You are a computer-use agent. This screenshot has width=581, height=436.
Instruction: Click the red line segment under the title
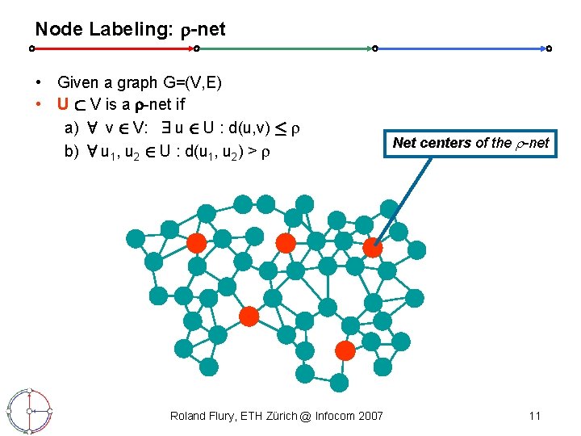(x=113, y=48)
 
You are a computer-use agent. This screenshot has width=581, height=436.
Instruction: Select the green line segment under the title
(x=286, y=48)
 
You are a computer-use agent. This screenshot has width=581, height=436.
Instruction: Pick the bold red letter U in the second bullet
(x=62, y=103)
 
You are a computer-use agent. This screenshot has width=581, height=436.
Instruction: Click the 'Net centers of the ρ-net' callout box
(x=470, y=143)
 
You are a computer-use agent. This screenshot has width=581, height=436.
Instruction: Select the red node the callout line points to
(x=373, y=248)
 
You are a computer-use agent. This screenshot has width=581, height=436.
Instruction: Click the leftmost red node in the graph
(x=196, y=244)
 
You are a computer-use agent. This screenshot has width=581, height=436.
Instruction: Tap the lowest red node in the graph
(x=345, y=350)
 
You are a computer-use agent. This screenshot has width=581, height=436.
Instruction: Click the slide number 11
(x=534, y=416)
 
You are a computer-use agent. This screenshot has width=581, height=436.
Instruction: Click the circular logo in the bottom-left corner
(x=29, y=411)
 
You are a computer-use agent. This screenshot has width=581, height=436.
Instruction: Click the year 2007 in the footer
(x=370, y=416)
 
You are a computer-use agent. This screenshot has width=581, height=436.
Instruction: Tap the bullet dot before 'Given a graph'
(x=39, y=82)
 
